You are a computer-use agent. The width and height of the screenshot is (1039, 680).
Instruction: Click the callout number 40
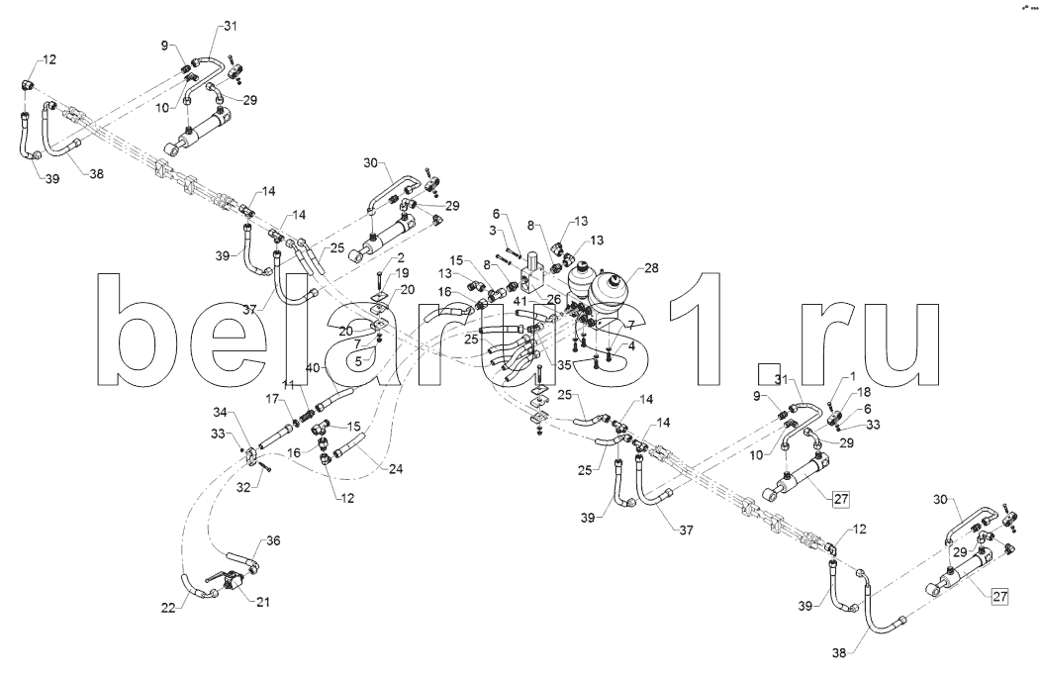pos(313,367)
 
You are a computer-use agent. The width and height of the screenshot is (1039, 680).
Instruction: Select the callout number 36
pos(274,540)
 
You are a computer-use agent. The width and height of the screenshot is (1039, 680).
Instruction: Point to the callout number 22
pos(169,608)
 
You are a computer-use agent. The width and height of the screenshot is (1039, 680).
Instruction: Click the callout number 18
pos(864,393)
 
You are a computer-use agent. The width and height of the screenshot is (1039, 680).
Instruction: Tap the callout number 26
pos(551,300)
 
